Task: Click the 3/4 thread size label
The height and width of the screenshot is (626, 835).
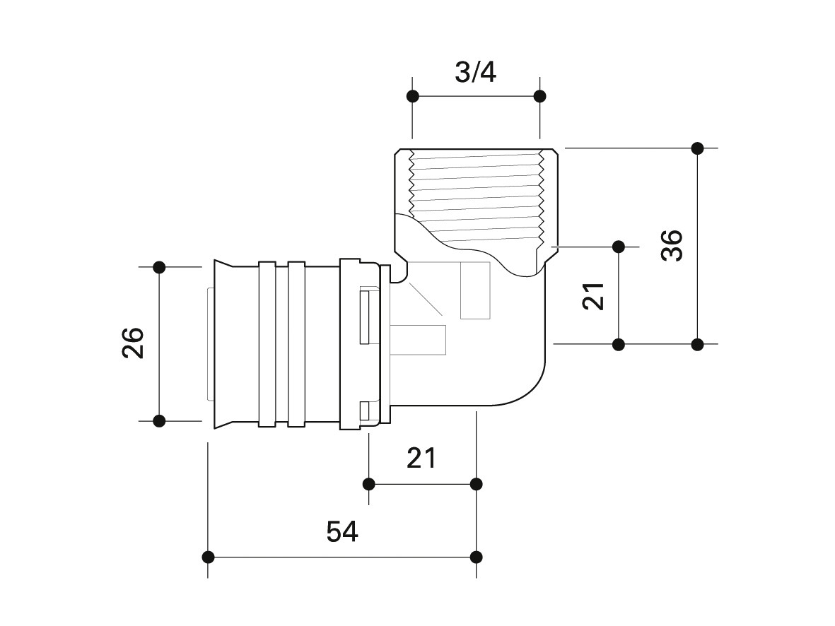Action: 476,72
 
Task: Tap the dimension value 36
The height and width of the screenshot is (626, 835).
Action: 672,245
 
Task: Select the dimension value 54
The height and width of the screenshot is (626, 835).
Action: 342,531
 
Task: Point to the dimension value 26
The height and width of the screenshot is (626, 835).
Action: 133,343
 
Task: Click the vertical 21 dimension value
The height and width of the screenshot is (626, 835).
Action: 593,296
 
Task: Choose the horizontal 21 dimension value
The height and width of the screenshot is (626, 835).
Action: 421,458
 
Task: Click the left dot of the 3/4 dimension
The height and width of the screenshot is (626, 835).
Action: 412,96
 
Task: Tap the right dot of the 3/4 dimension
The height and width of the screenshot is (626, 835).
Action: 540,96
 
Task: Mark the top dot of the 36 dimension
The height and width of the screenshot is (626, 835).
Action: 698,148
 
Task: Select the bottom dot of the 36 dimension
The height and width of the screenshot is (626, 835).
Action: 698,344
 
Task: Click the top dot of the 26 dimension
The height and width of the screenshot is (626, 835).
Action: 159,267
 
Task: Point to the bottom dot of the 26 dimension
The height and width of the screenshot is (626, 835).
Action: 159,421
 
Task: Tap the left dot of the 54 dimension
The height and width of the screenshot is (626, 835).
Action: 208,557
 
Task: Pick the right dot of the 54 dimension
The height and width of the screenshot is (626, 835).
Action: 477,557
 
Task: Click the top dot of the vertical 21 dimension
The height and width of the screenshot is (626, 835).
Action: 619,247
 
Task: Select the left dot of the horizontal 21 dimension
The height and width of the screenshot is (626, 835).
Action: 368,484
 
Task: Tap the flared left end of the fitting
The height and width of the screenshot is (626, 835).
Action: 222,344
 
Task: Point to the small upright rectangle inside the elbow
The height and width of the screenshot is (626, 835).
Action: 475,290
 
